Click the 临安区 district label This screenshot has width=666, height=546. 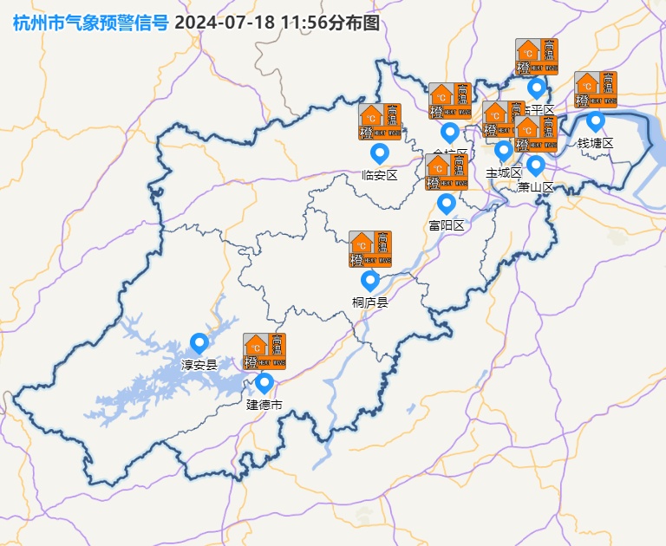pyautogui.click(x=379, y=175)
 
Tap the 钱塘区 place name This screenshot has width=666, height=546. pyautogui.click(x=596, y=143)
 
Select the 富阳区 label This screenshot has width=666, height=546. pyautogui.click(x=447, y=225)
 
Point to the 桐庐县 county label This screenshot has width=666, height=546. pyautogui.click(x=370, y=302)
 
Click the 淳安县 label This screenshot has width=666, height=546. pyautogui.click(x=199, y=365)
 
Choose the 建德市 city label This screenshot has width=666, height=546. pyautogui.click(x=264, y=405)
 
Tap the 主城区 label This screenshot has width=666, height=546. pyautogui.click(x=503, y=172)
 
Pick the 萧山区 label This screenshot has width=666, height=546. pyautogui.click(x=536, y=186)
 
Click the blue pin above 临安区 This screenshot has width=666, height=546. pyautogui.click(x=379, y=153)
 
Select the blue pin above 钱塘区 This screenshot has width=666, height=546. pyautogui.click(x=596, y=120)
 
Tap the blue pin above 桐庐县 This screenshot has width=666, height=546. pyautogui.click(x=370, y=280)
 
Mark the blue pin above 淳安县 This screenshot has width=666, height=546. pyautogui.click(x=199, y=343)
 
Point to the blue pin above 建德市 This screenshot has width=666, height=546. pyautogui.click(x=264, y=382)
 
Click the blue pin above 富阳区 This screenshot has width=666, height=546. pyautogui.click(x=447, y=204)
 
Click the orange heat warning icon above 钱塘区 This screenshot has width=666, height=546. pyautogui.click(x=596, y=89)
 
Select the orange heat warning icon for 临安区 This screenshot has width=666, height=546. pyautogui.click(x=380, y=122)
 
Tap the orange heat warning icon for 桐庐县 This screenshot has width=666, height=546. pyautogui.click(x=370, y=249)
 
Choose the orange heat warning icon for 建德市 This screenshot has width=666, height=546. pyautogui.click(x=264, y=351)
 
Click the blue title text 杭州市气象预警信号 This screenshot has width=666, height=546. pyautogui.click(x=91, y=23)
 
